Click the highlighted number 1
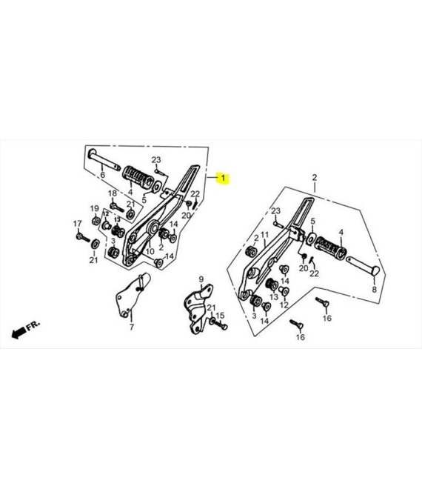(223, 179)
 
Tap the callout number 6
(103, 175)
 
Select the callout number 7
(132, 327)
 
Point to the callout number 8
(375, 290)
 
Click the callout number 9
(201, 279)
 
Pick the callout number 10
(150, 251)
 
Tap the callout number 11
(264, 235)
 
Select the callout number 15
(220, 316)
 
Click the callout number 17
(77, 224)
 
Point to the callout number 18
(113, 193)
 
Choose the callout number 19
(95, 208)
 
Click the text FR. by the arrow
(33, 326)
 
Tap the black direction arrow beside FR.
(19, 333)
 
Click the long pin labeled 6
(104, 160)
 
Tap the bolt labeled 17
(82, 237)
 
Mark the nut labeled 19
(96, 221)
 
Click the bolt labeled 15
(221, 325)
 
